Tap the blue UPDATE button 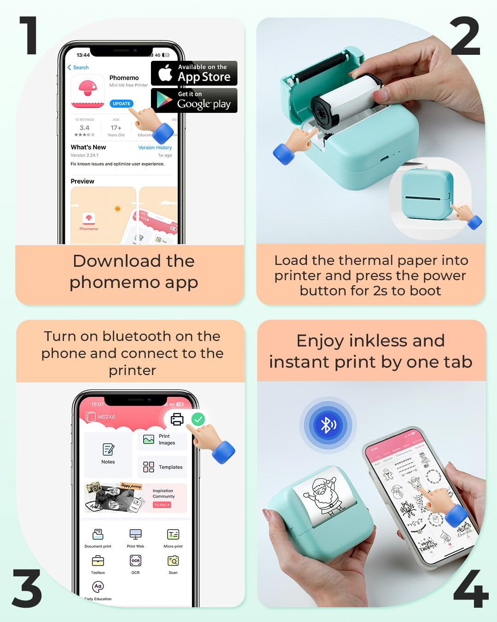click(x=121, y=104)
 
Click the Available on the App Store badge click(x=194, y=73)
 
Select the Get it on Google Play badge click(x=194, y=100)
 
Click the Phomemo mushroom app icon click(x=88, y=91)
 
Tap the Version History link click(x=155, y=147)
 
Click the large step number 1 click(x=29, y=36)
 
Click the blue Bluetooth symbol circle click(x=328, y=424)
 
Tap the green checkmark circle click(x=198, y=419)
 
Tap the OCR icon click(x=135, y=561)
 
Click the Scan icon click(x=173, y=561)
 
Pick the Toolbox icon click(x=98, y=561)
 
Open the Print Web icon click(x=135, y=534)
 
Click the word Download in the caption click(x=117, y=261)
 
